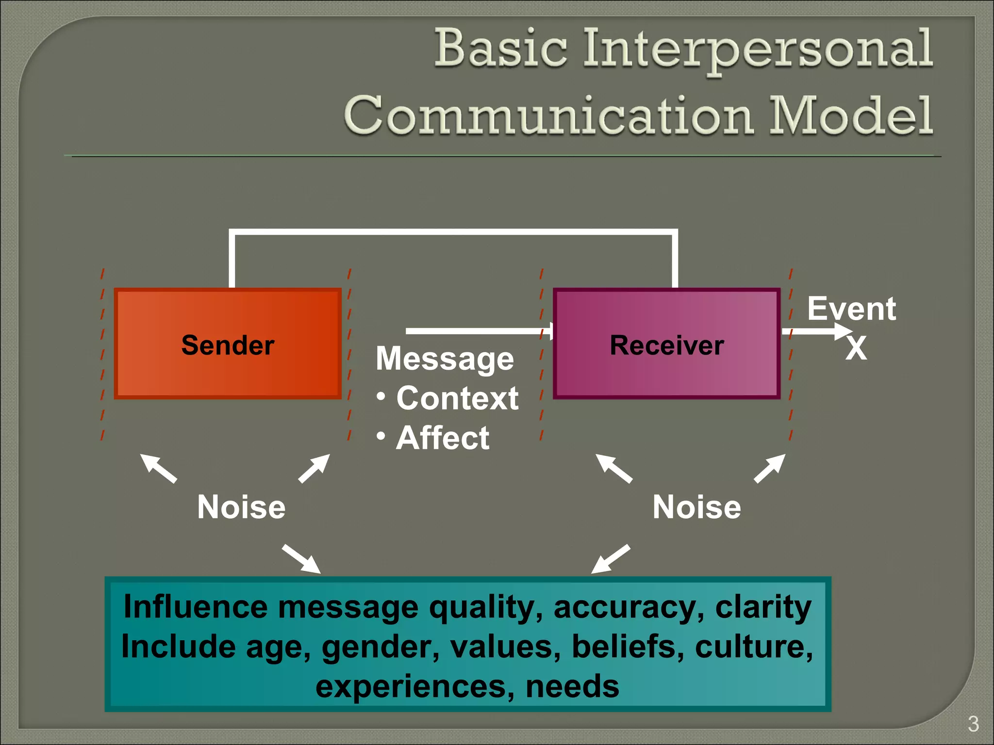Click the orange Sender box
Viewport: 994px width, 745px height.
coord(228,344)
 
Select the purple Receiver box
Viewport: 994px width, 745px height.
coord(666,344)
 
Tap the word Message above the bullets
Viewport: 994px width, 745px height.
coord(445,359)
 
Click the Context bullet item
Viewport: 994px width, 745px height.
coord(457,398)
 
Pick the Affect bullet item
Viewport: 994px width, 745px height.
coord(442,438)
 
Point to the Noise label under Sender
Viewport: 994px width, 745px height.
coord(241,507)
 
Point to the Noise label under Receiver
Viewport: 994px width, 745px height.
coord(696,507)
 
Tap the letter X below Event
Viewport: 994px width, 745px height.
coord(856,348)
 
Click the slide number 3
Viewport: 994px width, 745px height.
coord(973,724)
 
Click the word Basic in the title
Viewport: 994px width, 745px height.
coord(500,49)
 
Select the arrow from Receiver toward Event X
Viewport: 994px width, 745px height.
coord(815,332)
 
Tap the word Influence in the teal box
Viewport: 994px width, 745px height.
coord(195,607)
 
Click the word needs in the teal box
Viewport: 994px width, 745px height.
coord(572,686)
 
